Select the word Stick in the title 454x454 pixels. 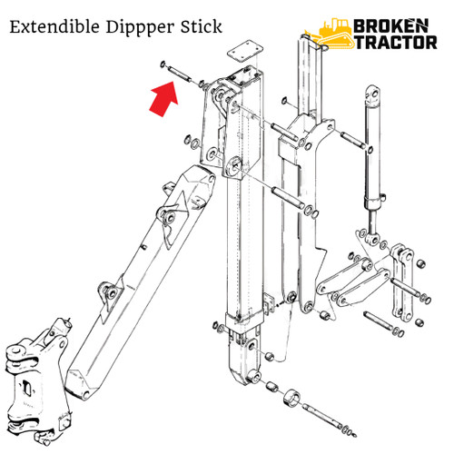click(x=198, y=28)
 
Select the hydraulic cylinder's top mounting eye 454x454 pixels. click(x=372, y=94)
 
